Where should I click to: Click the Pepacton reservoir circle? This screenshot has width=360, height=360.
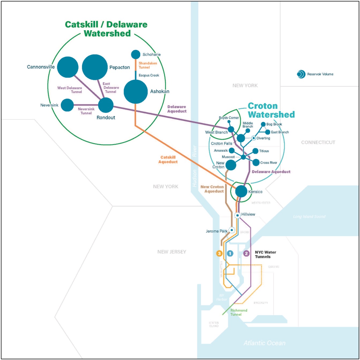(x=95, y=67)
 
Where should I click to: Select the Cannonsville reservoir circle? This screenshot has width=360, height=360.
(x=68, y=67)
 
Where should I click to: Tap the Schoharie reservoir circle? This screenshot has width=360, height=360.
(x=136, y=54)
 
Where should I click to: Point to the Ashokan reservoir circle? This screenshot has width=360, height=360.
(x=136, y=91)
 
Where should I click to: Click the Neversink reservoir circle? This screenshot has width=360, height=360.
(x=67, y=105)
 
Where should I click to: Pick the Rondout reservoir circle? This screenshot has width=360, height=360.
(x=106, y=105)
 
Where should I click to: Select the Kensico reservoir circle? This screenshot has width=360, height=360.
(x=241, y=191)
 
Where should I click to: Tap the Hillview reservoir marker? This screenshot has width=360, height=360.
(x=237, y=215)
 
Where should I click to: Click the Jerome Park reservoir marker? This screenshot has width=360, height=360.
(x=232, y=230)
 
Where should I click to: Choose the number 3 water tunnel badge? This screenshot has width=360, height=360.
(x=219, y=253)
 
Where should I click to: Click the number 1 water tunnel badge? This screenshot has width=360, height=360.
(x=230, y=253)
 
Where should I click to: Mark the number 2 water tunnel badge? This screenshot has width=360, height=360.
(x=246, y=253)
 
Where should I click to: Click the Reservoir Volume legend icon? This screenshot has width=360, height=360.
(x=301, y=74)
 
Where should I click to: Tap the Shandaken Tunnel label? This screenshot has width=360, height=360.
(x=148, y=65)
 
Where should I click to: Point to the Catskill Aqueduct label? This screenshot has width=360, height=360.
(x=168, y=160)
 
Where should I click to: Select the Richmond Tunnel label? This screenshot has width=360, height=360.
(x=239, y=312)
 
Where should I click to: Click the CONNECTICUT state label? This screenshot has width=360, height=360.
(x=318, y=142)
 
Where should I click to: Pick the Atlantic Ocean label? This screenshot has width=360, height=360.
(x=264, y=343)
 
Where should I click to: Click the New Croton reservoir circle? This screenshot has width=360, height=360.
(x=231, y=165)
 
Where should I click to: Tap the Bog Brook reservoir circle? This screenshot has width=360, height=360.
(x=263, y=124)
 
